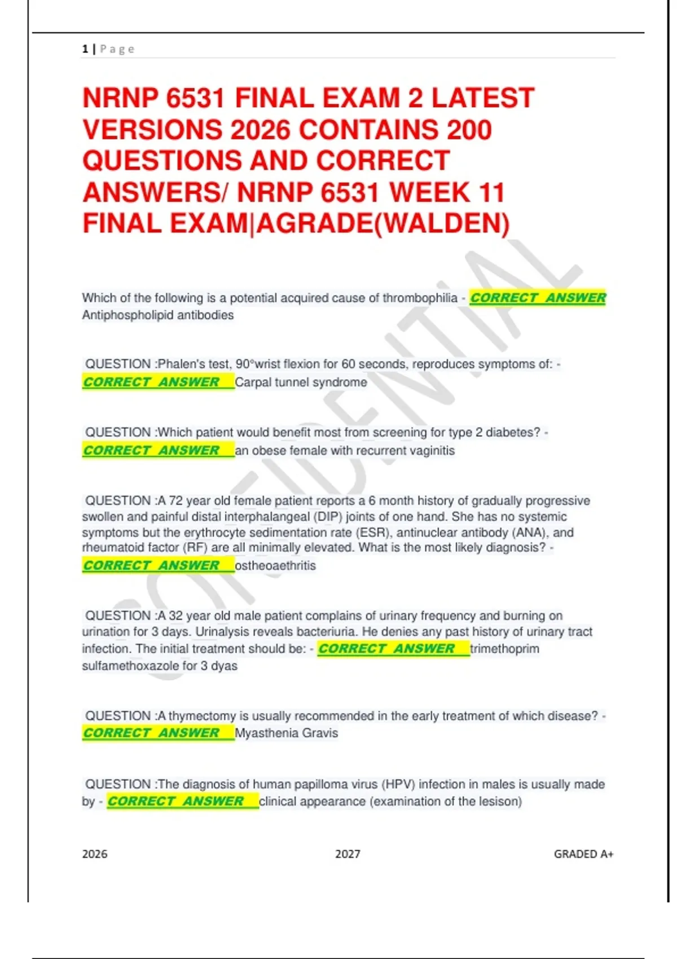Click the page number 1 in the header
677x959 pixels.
coord(85,49)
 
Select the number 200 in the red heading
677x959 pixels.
coord(469,130)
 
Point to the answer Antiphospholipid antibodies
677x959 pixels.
coord(158,315)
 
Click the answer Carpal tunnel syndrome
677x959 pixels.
coord(301,382)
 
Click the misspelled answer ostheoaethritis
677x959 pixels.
coord(275,565)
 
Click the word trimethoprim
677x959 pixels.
coord(504,649)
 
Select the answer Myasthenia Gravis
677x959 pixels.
coord(286,733)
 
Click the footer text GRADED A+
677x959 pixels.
coord(583,854)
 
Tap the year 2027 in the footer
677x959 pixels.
coord(348,854)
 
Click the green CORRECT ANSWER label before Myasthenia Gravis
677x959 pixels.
coord(151,733)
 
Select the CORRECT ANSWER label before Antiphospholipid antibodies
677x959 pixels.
coord(538,298)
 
